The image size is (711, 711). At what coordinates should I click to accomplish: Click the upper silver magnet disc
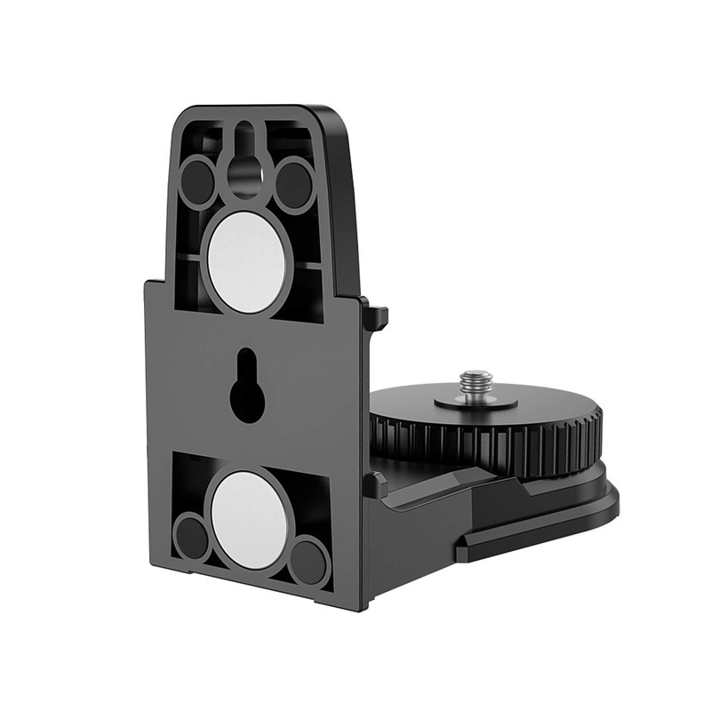coord(246,261)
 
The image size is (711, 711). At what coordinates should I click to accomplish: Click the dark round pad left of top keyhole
coord(197,183)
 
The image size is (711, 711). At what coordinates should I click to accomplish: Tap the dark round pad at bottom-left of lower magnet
coord(192,537)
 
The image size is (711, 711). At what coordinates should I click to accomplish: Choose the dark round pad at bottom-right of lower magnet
coord(308,560)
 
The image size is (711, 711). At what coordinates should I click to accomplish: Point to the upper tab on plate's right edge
coord(377,316)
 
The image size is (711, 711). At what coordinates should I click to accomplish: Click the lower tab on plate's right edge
coord(375,485)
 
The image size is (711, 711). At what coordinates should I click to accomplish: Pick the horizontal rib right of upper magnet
coord(306,264)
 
